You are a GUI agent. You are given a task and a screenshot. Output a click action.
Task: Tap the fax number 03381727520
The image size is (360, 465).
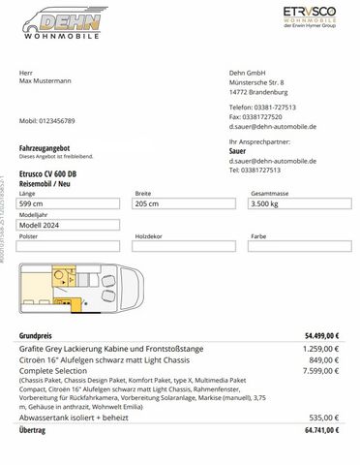click(x=266, y=115)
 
